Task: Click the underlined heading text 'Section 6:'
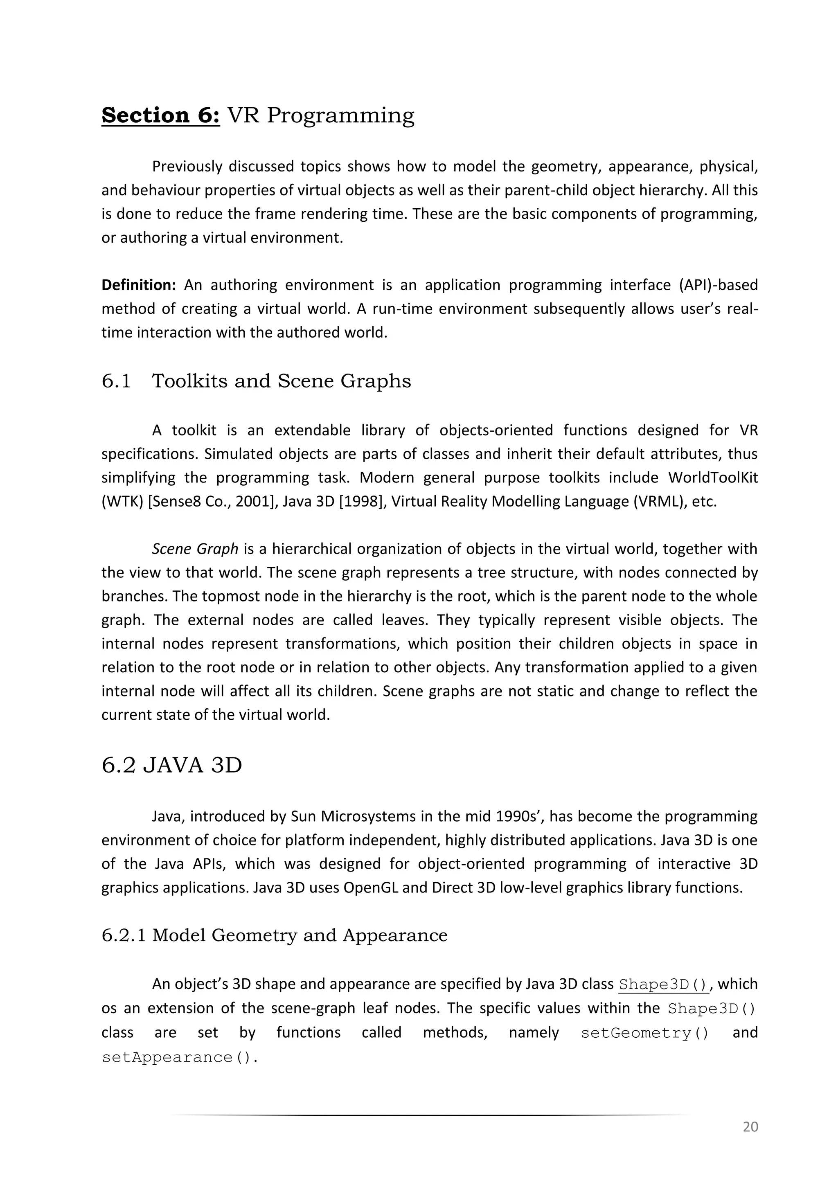pos(160,115)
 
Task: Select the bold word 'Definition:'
pos(139,285)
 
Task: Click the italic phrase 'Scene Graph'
pos(194,549)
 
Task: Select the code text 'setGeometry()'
pos(644,1033)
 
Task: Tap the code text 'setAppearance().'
pos(180,1057)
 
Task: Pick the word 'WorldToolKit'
pos(713,478)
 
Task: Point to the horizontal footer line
pos(428,1115)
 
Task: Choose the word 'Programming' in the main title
pos(340,115)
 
